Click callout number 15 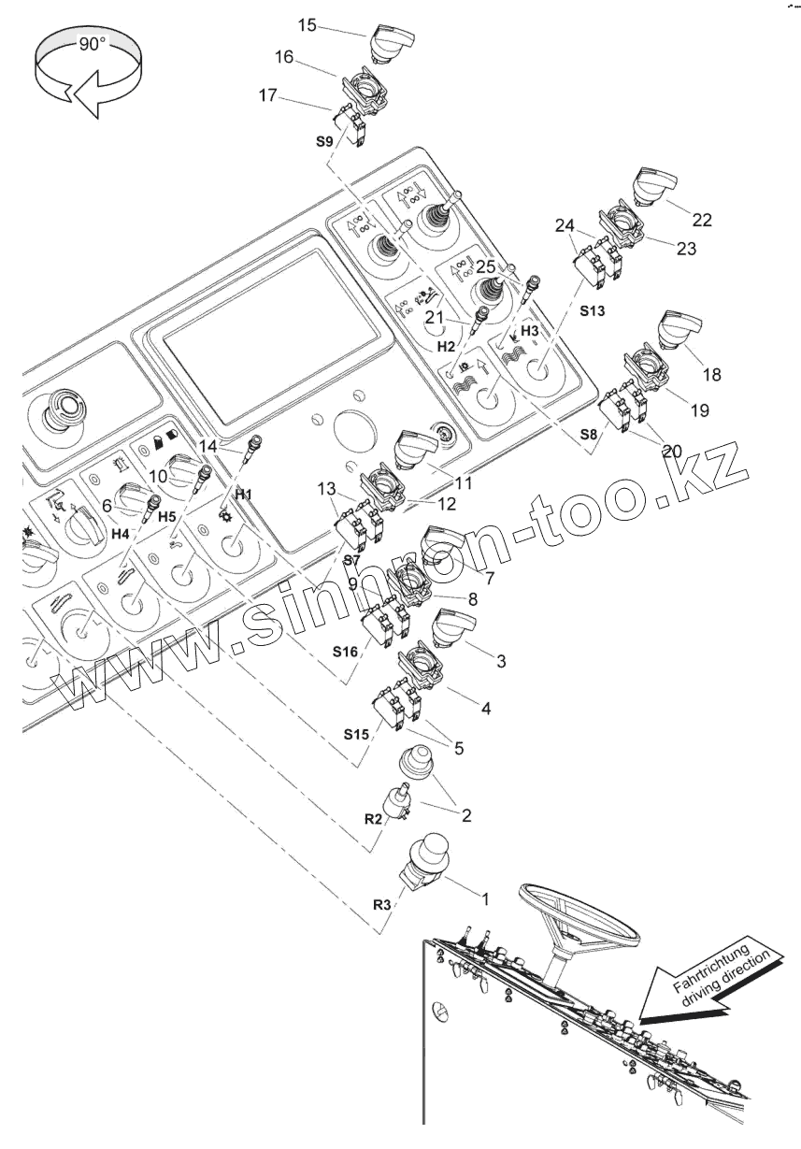[x=308, y=24]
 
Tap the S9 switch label [x=322, y=141]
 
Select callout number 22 [x=702, y=220]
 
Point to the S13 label [x=592, y=310]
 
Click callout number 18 [x=711, y=374]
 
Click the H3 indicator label [x=530, y=331]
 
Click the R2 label [x=374, y=818]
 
